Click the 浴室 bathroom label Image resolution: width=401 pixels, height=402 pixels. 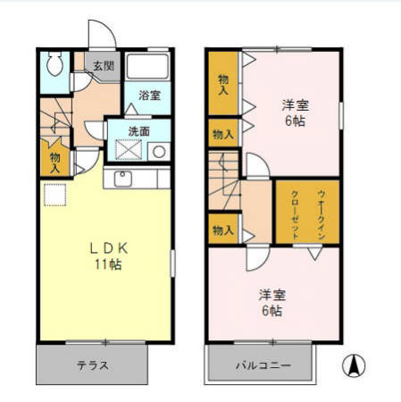tap(149, 96)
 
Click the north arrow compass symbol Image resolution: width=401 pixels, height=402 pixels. tap(355, 365)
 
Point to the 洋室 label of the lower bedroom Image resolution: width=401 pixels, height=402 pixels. tap(272, 295)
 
